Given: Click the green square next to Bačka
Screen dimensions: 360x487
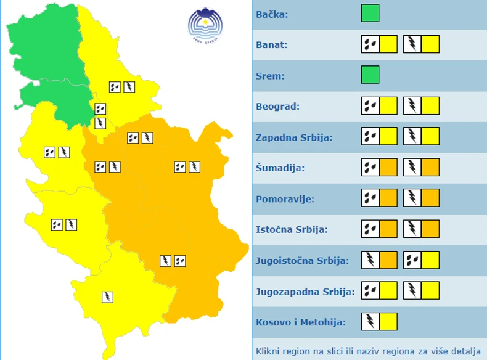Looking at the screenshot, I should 370,13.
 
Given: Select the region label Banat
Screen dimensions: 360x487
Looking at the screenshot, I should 272,45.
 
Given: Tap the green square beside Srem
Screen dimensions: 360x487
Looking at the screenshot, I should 370,75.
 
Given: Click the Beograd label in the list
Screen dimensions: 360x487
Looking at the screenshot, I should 277,107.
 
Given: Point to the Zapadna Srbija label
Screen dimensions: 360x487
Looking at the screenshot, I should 294,137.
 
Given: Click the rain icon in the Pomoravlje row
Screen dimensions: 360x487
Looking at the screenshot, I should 370,198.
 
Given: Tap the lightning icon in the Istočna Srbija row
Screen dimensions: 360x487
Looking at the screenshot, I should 412,229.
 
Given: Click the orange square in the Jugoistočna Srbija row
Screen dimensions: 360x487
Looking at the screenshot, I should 388,260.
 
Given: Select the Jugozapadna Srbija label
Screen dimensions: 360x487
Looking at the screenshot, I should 305,292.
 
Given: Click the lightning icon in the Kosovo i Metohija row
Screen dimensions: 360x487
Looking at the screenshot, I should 370,321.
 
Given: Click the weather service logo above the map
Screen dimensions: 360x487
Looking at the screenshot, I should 205,25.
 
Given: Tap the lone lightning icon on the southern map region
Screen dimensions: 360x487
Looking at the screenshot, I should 107,297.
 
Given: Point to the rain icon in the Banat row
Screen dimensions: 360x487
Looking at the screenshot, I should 370,44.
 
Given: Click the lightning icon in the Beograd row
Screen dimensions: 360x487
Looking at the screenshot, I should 412,105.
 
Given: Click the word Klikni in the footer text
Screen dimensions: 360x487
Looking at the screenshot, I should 269,351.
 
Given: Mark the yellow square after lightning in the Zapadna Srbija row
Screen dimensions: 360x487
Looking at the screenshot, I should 430,136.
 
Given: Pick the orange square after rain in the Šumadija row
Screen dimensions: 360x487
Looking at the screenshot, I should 388,167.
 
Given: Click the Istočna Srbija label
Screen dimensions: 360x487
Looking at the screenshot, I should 292,230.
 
